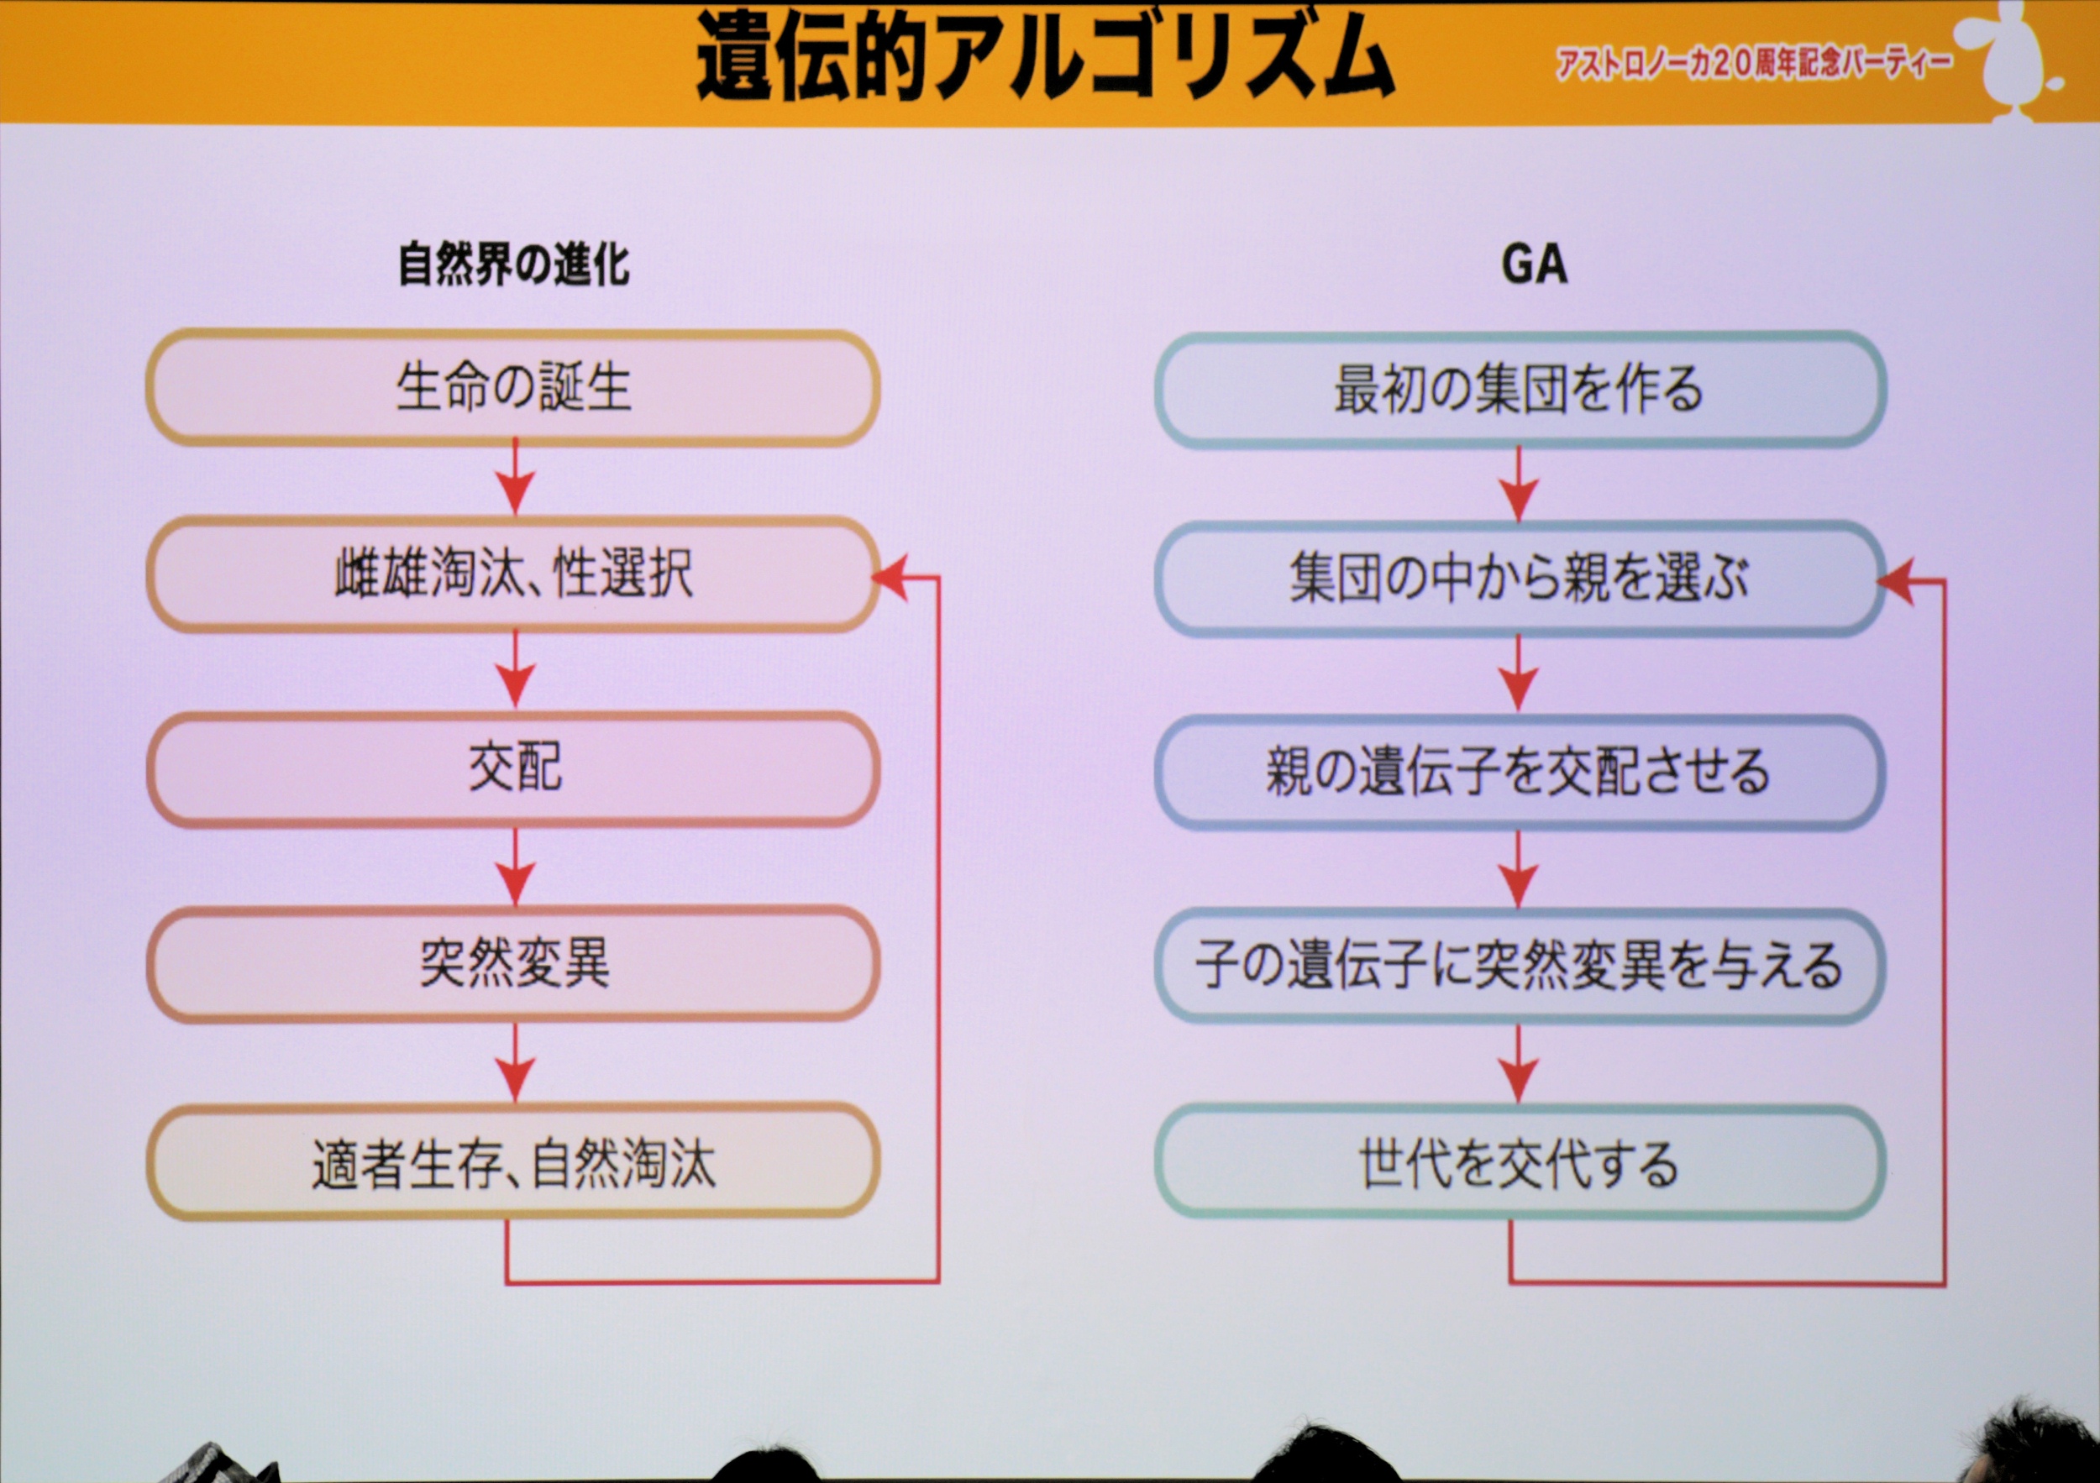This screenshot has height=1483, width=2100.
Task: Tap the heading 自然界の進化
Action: [514, 265]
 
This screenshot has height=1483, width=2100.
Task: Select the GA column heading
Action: [1534, 265]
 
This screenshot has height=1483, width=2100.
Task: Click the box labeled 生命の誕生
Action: [513, 388]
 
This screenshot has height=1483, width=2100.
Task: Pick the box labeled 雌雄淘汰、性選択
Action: [513, 574]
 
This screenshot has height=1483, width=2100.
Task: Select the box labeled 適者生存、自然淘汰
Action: [513, 1161]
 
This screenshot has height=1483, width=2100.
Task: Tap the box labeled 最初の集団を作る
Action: [1520, 390]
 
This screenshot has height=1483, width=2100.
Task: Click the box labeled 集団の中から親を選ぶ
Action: [1520, 579]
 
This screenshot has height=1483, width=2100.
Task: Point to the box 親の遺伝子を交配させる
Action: [1520, 773]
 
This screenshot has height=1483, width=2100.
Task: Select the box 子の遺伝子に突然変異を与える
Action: [1520, 967]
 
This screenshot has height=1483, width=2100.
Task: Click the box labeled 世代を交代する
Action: [1520, 1162]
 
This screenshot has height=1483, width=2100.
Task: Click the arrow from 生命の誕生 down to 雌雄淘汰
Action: [515, 477]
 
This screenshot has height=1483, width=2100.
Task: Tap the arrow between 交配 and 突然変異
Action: [515, 867]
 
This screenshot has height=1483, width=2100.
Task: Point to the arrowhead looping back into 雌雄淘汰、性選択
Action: [891, 577]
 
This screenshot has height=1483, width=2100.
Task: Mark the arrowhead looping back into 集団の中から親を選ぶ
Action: [1895, 580]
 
